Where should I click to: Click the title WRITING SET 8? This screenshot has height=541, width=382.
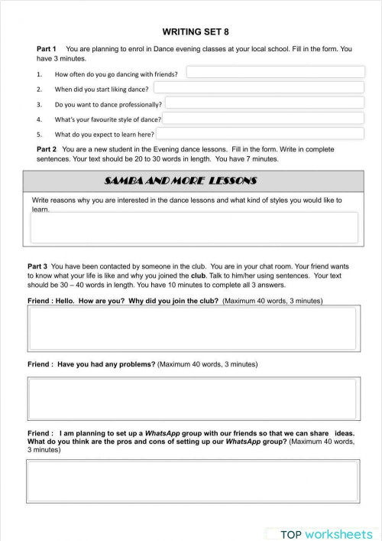(195, 32)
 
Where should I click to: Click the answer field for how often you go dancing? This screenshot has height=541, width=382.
(275, 73)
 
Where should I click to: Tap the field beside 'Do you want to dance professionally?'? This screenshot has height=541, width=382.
(264, 103)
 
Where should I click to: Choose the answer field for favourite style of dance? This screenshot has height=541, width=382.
(264, 118)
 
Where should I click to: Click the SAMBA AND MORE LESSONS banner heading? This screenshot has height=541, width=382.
(180, 181)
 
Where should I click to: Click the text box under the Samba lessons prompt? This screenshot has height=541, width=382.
(193, 227)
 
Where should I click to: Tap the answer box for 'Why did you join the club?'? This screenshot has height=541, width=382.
(193, 328)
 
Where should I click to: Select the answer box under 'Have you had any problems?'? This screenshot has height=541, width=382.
(193, 399)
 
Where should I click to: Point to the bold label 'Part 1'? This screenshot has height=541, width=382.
(47, 49)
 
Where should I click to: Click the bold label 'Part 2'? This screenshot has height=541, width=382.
(47, 150)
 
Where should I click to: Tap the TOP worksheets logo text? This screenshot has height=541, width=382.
(326, 533)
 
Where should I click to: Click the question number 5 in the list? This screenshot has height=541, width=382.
(39, 134)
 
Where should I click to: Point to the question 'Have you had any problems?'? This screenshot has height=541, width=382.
(106, 364)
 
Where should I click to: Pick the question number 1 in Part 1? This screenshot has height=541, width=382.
(39, 74)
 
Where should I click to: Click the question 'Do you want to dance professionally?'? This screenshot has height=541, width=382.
(108, 104)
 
